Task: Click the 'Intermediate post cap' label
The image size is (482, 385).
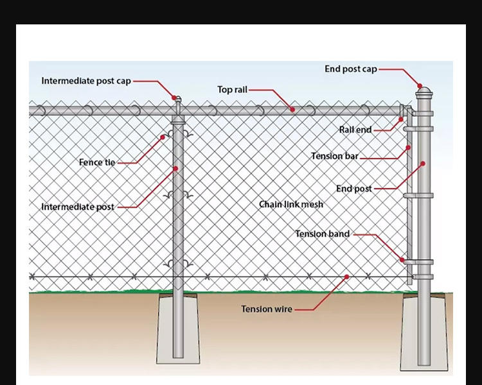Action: (x=86, y=81)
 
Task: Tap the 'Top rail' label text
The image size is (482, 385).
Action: (x=232, y=90)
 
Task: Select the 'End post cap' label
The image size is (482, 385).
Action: (x=351, y=69)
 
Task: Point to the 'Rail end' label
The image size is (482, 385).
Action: (x=355, y=130)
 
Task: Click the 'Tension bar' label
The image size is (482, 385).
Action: (x=335, y=156)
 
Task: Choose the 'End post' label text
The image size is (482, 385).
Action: (x=354, y=189)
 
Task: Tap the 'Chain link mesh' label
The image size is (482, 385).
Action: (x=291, y=204)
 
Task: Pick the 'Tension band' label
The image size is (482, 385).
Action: (x=323, y=234)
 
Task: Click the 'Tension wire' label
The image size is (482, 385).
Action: (x=267, y=309)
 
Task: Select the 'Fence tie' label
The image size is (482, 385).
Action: (x=97, y=162)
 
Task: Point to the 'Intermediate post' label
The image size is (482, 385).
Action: (x=78, y=207)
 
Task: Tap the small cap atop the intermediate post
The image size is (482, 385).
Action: (x=178, y=100)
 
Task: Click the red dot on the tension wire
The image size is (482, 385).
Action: (x=346, y=277)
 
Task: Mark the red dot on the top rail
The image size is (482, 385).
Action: (x=292, y=110)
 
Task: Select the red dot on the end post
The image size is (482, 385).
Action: (x=424, y=164)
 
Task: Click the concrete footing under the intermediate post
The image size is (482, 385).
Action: (x=178, y=327)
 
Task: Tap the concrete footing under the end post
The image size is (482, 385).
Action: (x=424, y=334)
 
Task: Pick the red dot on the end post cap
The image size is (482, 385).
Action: (x=420, y=85)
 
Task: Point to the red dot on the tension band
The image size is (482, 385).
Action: (x=404, y=259)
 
